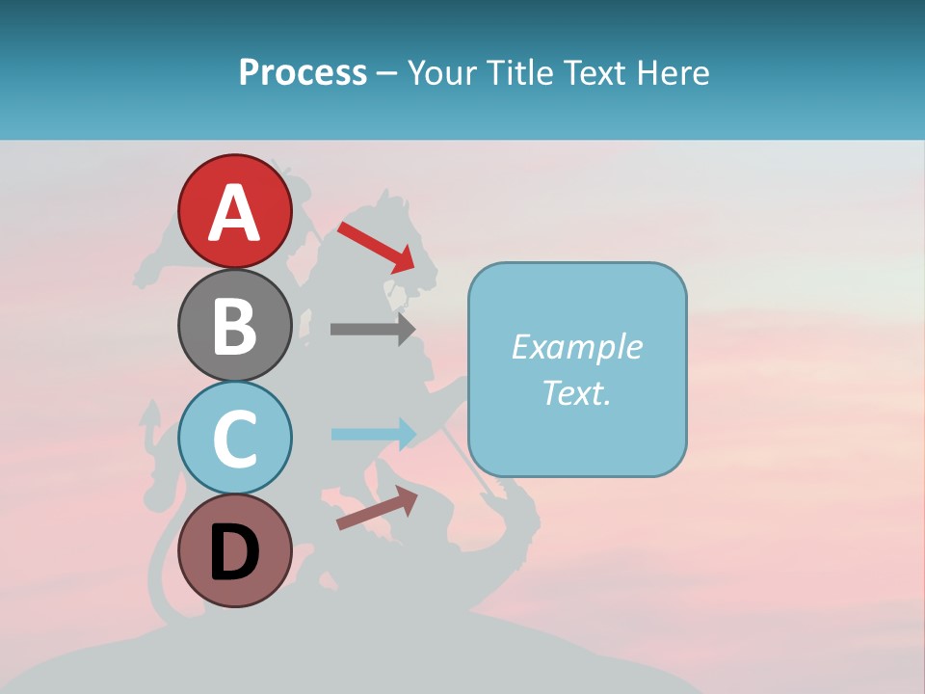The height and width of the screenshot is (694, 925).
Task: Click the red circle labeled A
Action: click(x=235, y=212)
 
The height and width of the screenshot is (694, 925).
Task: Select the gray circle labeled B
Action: click(x=235, y=325)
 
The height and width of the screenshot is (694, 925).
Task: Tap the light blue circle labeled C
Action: click(x=235, y=439)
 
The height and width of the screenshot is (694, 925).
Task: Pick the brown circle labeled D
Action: click(x=235, y=551)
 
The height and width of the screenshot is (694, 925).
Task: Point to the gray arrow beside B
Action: click(x=372, y=329)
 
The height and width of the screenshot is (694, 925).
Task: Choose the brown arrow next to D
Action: click(x=377, y=508)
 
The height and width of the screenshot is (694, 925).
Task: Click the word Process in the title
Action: click(x=303, y=73)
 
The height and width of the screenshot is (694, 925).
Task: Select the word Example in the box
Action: click(x=576, y=347)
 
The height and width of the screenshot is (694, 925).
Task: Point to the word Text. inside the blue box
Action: click(x=576, y=392)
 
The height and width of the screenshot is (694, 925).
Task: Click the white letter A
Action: click(x=235, y=213)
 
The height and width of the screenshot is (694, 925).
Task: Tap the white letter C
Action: click(x=235, y=440)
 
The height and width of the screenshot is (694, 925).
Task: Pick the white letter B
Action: click(x=235, y=326)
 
